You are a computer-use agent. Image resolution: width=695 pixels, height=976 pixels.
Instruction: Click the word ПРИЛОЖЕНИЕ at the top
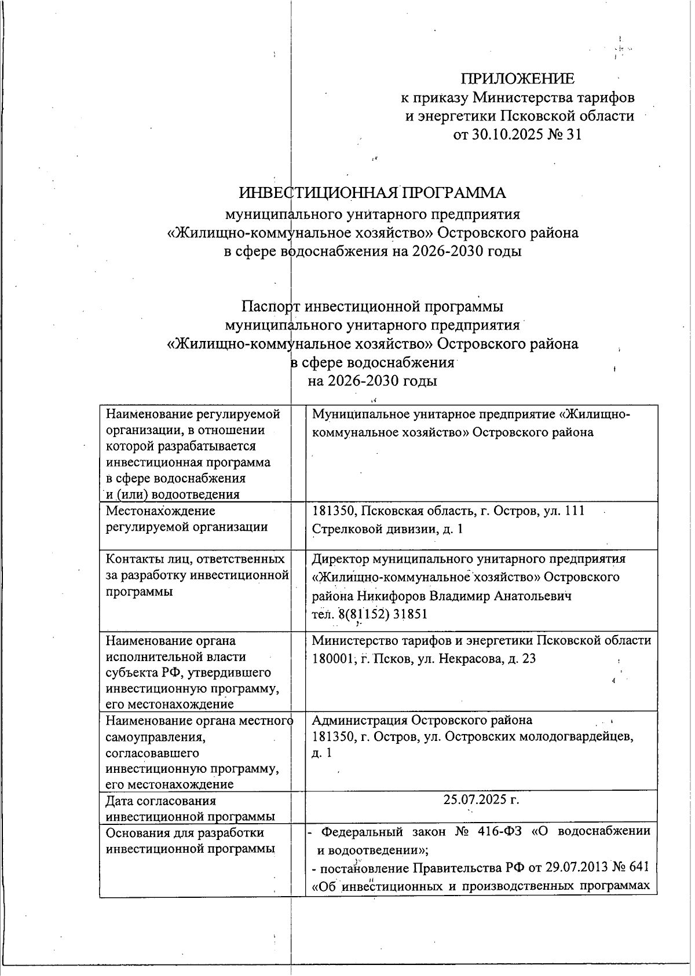pos(517,79)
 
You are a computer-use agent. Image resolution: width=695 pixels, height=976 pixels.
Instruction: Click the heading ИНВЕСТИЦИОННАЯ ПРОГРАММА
pos(372,193)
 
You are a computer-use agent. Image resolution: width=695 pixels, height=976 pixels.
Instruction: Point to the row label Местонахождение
pos(160,511)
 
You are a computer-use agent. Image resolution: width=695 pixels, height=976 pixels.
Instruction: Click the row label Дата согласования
pos(160,801)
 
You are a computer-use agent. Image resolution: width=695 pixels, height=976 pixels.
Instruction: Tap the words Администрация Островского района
pos(422,720)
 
